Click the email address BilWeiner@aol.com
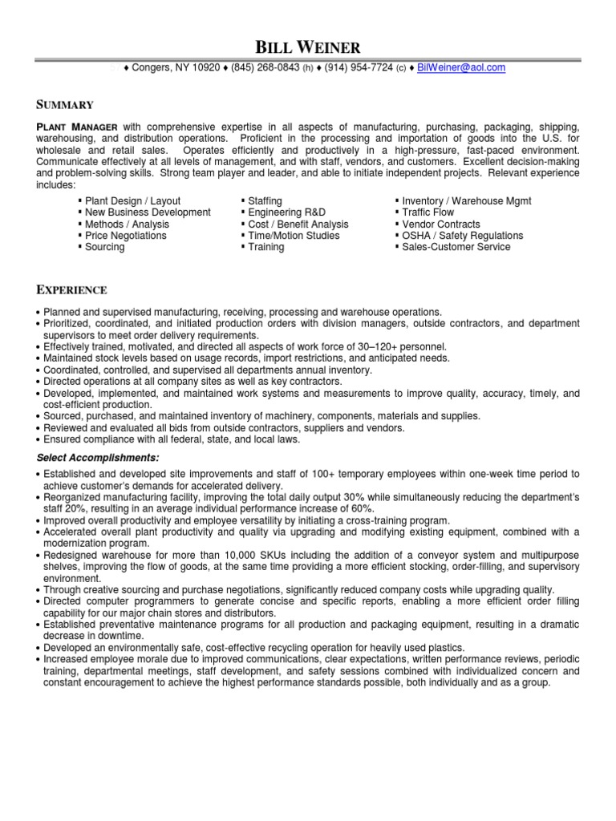pyautogui.click(x=461, y=68)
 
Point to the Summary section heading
pyautogui.click(x=65, y=105)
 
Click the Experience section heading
pyautogui.click(x=72, y=289)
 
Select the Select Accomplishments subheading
pyautogui.click(x=98, y=458)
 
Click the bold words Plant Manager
pyautogui.click(x=78, y=127)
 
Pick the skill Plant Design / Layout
pyautogui.click(x=132, y=201)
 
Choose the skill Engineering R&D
pyautogui.click(x=286, y=212)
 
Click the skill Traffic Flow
pyautogui.click(x=429, y=212)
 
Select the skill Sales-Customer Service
pyautogui.click(x=456, y=247)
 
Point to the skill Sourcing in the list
pyautogui.click(x=104, y=247)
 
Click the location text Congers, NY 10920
pyautogui.click(x=176, y=68)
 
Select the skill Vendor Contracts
pyautogui.click(x=441, y=224)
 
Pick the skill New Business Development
pyautogui.click(x=148, y=212)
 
